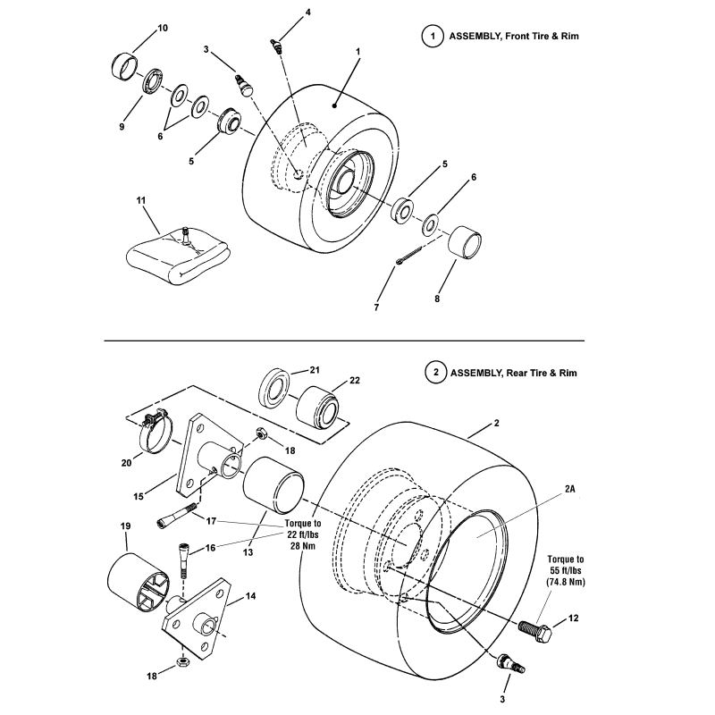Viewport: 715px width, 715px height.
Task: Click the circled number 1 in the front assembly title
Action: tap(433, 37)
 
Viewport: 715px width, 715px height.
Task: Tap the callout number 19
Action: tap(124, 526)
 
